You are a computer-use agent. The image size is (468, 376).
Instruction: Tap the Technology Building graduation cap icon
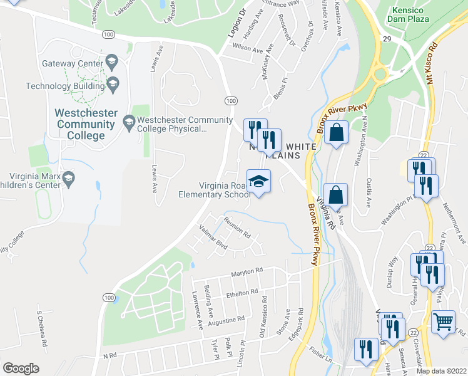(x=113, y=84)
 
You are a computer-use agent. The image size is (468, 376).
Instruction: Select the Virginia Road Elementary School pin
(x=258, y=181)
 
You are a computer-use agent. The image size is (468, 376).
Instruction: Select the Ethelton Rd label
(x=242, y=293)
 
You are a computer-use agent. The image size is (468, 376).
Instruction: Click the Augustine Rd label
(x=226, y=320)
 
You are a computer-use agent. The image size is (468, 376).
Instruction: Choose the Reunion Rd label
(x=237, y=228)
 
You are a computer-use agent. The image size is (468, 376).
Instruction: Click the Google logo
(x=21, y=368)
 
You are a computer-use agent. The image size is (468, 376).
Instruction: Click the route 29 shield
(x=387, y=39)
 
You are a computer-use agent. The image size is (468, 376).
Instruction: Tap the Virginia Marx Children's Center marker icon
(x=69, y=180)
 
